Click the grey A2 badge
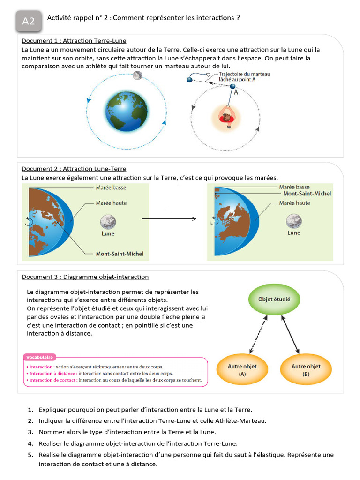click(29, 21)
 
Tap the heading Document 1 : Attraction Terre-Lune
click(74, 41)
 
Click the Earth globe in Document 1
click(126, 111)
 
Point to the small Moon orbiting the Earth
click(137, 75)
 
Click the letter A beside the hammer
click(236, 92)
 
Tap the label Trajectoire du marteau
click(244, 74)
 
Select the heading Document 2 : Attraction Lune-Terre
click(74, 169)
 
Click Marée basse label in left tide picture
click(111, 187)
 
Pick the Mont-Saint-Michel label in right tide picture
click(307, 194)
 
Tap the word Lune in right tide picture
click(294, 233)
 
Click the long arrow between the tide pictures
click(169, 219)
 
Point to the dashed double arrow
click(259, 334)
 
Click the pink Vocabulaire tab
click(40, 357)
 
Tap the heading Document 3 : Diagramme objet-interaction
click(85, 277)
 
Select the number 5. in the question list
click(30, 455)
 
